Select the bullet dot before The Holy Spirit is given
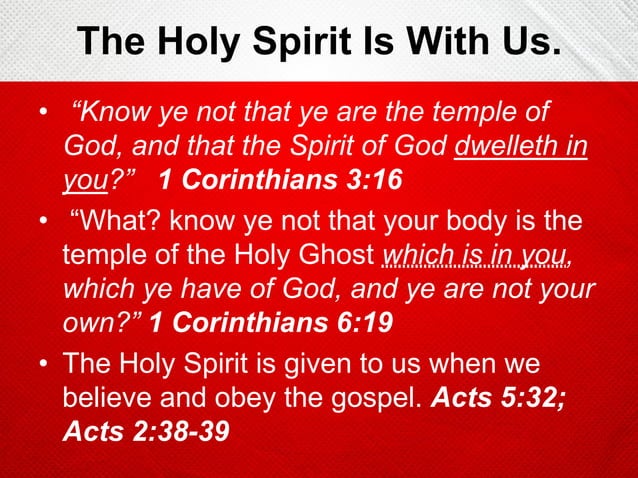(42, 361)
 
